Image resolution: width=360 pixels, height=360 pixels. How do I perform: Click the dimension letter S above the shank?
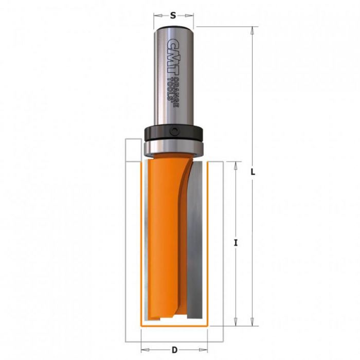(x=173, y=15)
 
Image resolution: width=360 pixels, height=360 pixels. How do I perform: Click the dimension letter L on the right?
(x=253, y=172)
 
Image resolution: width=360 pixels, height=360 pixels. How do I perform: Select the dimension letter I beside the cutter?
(x=236, y=243)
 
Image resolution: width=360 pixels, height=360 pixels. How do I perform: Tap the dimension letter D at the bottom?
(x=175, y=350)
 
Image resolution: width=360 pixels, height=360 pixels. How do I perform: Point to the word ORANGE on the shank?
(x=176, y=92)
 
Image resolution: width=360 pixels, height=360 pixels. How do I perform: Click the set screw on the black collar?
(x=174, y=131)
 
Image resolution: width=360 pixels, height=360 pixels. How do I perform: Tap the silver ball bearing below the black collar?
(x=174, y=148)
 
